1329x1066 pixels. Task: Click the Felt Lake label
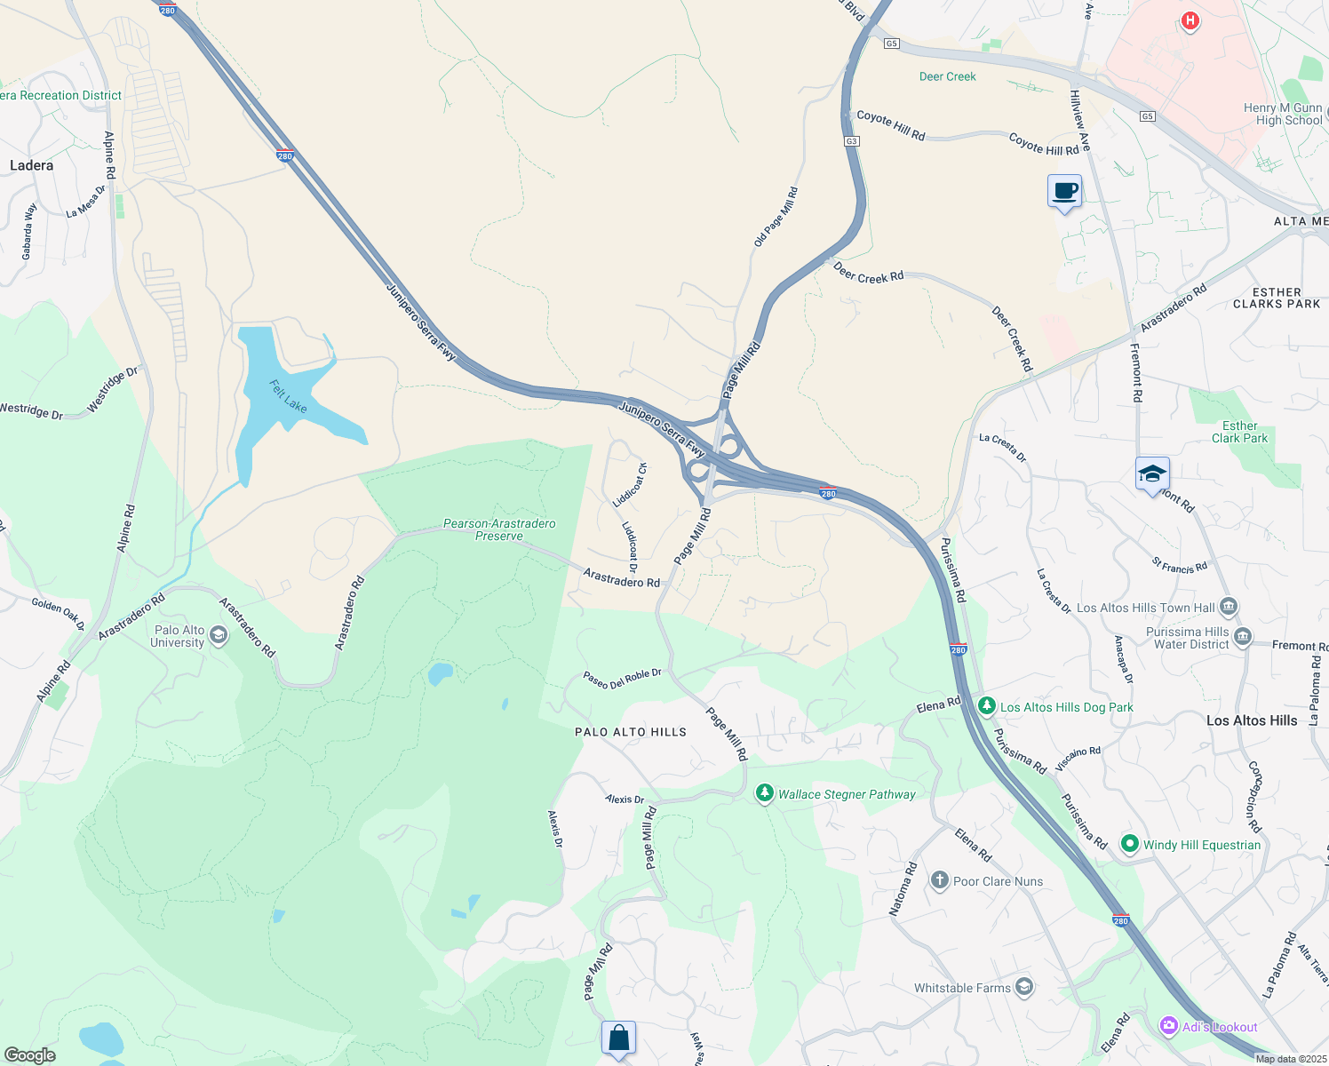point(288,396)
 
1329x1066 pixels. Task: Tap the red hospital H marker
point(1190,20)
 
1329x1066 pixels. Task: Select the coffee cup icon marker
point(1064,191)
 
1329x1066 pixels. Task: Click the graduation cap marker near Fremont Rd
point(1152,473)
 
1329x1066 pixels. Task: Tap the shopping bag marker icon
point(618,1038)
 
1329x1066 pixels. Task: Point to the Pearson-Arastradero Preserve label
point(499,529)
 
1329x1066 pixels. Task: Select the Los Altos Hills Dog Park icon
point(986,706)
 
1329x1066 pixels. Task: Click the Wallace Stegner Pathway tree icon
point(764,793)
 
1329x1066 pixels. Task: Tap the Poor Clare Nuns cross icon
point(939,880)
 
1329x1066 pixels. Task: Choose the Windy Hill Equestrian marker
point(1129,844)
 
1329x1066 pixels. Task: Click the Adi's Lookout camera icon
point(1168,1026)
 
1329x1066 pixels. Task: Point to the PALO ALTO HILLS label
point(630,732)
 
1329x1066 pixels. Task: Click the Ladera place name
point(31,165)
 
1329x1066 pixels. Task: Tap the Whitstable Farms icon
point(1024,987)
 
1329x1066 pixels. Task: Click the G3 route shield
point(851,141)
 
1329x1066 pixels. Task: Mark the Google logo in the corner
point(29,1055)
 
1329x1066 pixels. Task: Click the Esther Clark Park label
point(1239,432)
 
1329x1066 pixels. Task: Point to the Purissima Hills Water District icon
point(1243,637)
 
